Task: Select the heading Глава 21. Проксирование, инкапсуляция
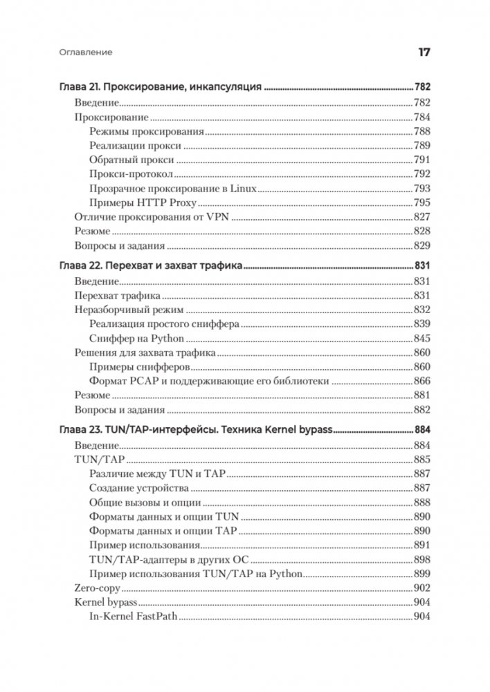(159, 88)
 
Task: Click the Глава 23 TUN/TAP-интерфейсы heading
(193, 429)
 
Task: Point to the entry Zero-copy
(97, 588)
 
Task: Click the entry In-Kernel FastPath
(136, 617)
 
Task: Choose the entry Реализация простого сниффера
(164, 324)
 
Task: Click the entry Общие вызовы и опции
(145, 503)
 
